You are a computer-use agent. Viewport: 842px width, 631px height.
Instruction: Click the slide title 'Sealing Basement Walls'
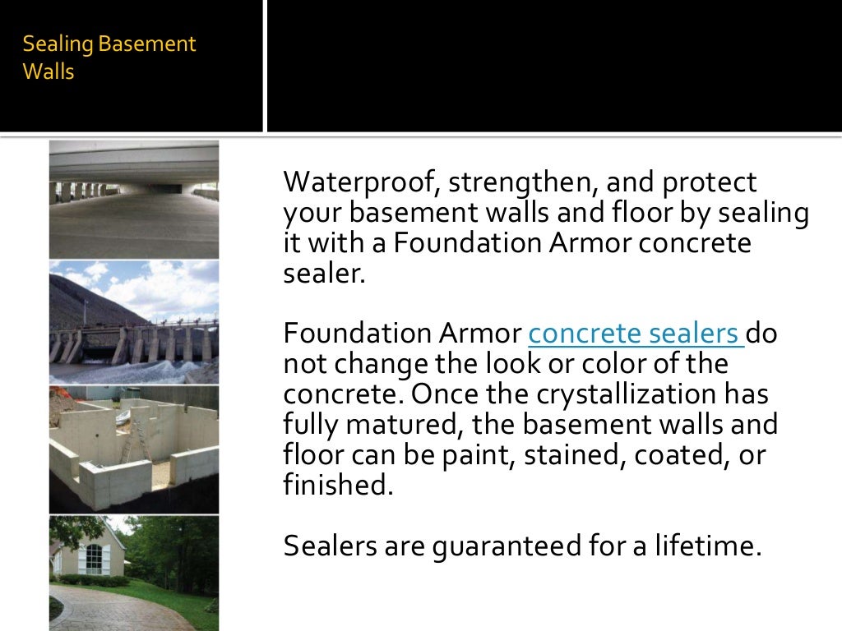pos(109,58)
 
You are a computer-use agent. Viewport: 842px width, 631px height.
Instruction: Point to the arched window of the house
pos(92,559)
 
